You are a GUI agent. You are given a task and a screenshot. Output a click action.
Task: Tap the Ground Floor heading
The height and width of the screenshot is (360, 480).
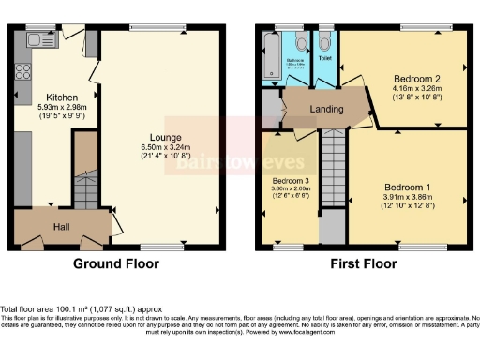(117, 263)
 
